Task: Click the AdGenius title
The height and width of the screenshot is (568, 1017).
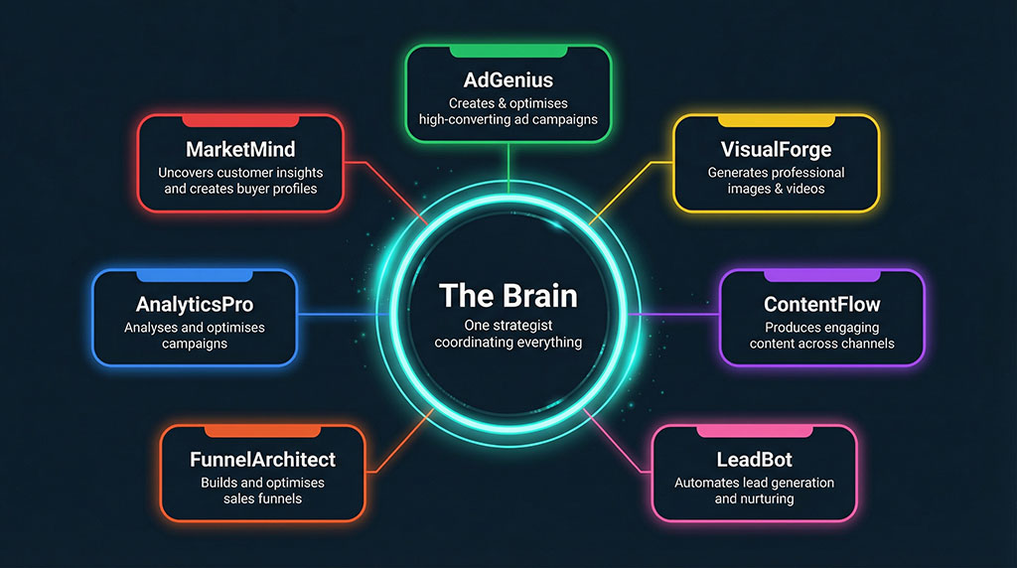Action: pyautogui.click(x=508, y=79)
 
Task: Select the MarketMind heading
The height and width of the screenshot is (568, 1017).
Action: pyautogui.click(x=239, y=149)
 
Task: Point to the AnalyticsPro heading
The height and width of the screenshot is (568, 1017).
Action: pyautogui.click(x=194, y=305)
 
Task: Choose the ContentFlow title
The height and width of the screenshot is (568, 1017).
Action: pyautogui.click(x=821, y=305)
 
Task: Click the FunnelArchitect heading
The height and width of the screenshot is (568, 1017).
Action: pyautogui.click(x=262, y=460)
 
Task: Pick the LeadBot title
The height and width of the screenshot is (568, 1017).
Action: pyautogui.click(x=753, y=460)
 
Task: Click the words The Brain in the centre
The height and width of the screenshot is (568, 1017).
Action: pyautogui.click(x=508, y=295)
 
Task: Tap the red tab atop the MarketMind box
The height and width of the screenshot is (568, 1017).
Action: pyautogui.click(x=239, y=120)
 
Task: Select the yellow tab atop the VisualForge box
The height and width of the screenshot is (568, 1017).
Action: pyautogui.click(x=776, y=120)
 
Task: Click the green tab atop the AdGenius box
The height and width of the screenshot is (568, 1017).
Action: pyautogui.click(x=508, y=51)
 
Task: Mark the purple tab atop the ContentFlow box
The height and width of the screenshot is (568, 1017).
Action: pyautogui.click(x=821, y=275)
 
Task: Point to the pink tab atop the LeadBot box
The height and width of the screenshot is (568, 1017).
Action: pyautogui.click(x=753, y=431)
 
